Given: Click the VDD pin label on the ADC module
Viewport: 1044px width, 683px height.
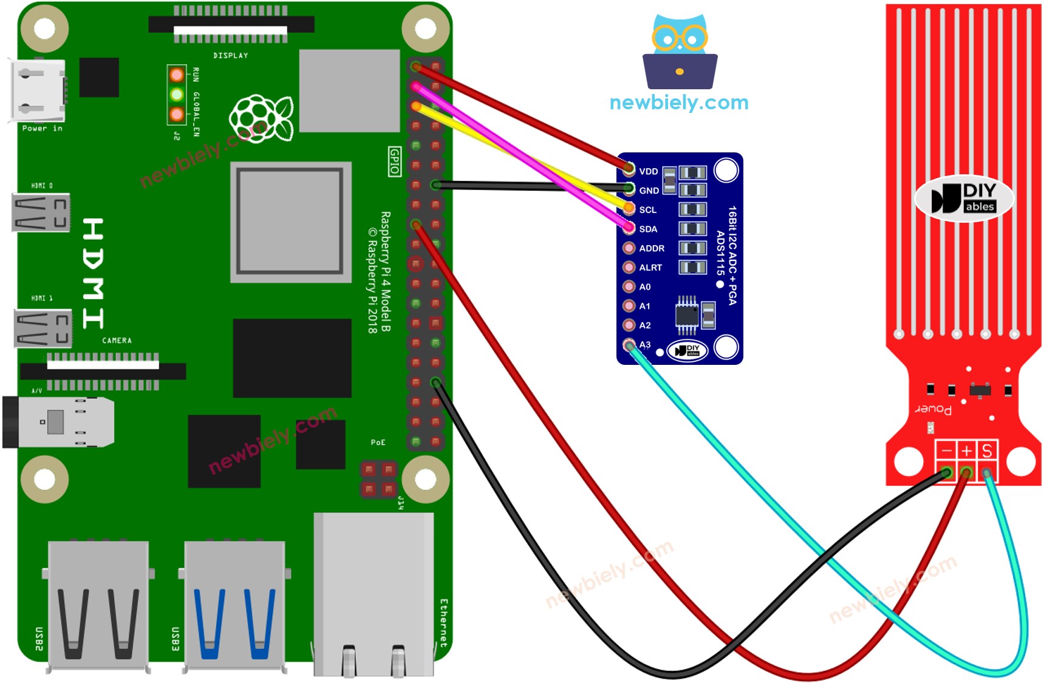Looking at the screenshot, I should tap(648, 171).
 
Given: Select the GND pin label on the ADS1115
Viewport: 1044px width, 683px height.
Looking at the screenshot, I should tap(649, 191).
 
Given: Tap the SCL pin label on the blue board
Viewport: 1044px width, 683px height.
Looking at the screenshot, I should tap(647, 210).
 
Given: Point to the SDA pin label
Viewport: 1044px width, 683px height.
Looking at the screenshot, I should tap(647, 229).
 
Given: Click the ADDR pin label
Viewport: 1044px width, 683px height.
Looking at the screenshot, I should tap(651, 248).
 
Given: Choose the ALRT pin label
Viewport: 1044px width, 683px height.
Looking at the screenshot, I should tap(650, 268).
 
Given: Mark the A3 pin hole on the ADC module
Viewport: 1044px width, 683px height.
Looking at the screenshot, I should tap(629, 345).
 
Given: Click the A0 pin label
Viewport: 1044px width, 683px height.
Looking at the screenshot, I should tap(644, 287).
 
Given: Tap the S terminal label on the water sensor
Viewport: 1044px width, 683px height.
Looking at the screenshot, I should tap(987, 450).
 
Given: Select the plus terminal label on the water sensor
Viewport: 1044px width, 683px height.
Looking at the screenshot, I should tap(967, 450).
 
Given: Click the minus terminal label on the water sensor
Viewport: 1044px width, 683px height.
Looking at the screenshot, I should tap(946, 450).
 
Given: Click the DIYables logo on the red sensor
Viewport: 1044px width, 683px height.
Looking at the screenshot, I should tap(964, 199).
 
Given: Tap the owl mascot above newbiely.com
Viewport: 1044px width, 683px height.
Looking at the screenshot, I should tap(680, 52).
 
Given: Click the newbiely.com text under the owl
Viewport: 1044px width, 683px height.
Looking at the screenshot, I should tap(678, 103).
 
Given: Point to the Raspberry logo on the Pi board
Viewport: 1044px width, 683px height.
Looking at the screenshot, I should tap(261, 118).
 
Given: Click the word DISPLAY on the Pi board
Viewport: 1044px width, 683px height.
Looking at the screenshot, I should tap(230, 55).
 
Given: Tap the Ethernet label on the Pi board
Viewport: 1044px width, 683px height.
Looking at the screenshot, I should tap(443, 622).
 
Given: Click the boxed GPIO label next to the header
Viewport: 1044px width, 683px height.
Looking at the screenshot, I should tap(394, 161).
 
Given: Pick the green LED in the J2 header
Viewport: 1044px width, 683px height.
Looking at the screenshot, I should tap(177, 95).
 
